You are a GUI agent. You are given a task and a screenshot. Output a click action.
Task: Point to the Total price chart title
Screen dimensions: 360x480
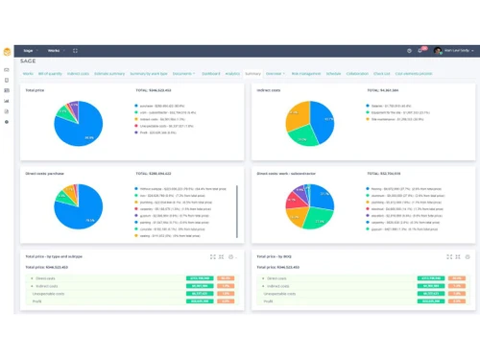(35, 90)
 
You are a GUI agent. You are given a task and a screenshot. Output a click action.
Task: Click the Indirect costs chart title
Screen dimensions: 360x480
(270, 90)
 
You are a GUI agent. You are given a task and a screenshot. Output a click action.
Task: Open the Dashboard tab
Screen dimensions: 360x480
(210, 73)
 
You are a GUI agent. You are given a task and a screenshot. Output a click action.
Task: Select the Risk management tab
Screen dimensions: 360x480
(305, 73)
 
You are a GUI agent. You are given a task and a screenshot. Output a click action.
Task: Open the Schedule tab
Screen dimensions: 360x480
(333, 73)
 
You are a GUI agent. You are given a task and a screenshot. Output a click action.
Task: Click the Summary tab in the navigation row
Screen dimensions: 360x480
(252, 73)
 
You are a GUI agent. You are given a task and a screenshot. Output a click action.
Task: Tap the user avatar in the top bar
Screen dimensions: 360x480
(438, 50)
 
